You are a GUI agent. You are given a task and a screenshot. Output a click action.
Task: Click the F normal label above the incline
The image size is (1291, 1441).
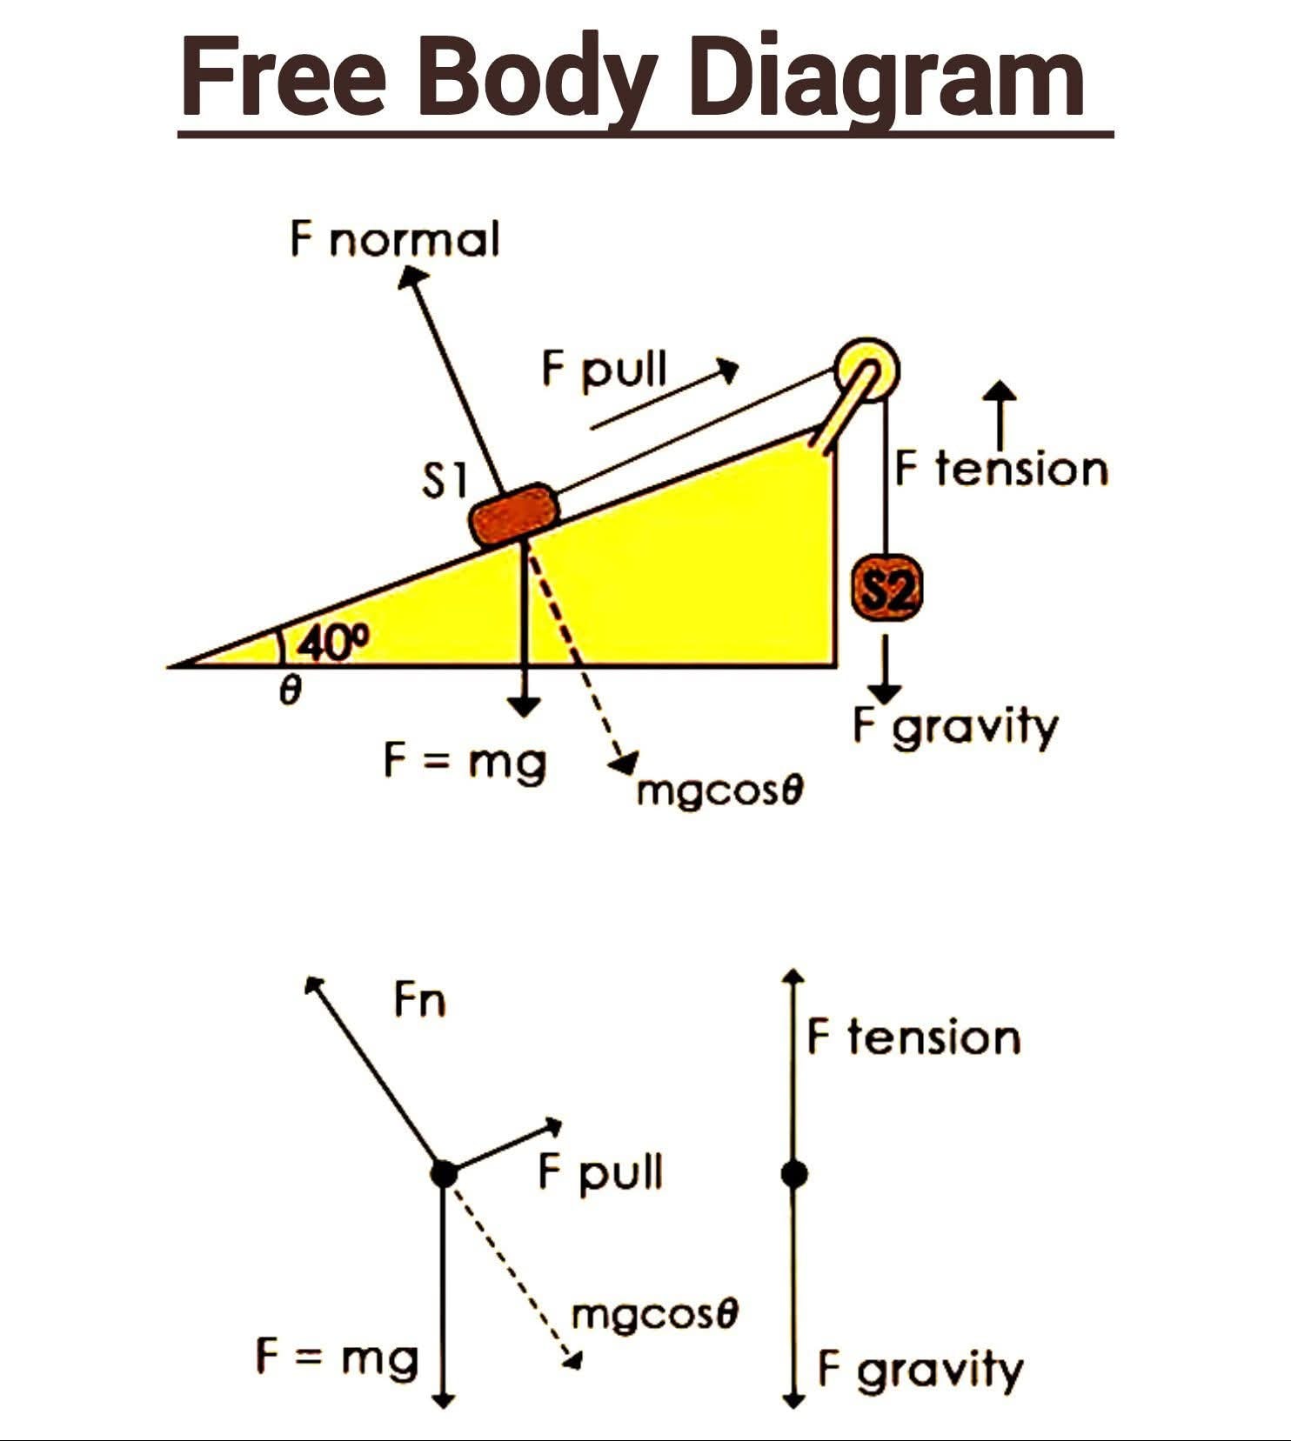click(x=395, y=239)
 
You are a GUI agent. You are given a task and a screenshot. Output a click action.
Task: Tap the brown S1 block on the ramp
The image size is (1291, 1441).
click(x=513, y=515)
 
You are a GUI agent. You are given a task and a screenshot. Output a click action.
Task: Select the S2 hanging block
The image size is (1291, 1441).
click(x=886, y=591)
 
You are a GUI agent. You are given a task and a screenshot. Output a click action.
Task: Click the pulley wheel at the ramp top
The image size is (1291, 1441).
click(x=866, y=370)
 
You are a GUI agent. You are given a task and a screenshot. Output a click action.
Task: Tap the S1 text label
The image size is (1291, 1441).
click(x=445, y=481)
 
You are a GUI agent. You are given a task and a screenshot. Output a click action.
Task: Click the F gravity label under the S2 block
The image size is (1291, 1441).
click(x=955, y=728)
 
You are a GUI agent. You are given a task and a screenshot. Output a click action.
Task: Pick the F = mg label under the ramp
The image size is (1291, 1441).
click(x=465, y=764)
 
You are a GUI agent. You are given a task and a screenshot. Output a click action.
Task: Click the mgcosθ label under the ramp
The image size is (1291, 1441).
click(x=719, y=793)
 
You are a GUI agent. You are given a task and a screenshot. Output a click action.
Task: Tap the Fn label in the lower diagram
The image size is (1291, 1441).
click(x=419, y=999)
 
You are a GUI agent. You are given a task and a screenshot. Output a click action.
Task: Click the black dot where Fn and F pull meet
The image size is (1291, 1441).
click(x=445, y=1173)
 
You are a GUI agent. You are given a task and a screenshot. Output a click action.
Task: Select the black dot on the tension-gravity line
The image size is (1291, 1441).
click(x=793, y=1174)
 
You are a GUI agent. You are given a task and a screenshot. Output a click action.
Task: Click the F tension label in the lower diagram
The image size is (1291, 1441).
click(x=913, y=1037)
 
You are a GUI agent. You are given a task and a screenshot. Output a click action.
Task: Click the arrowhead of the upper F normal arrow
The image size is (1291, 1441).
click(x=412, y=277)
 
